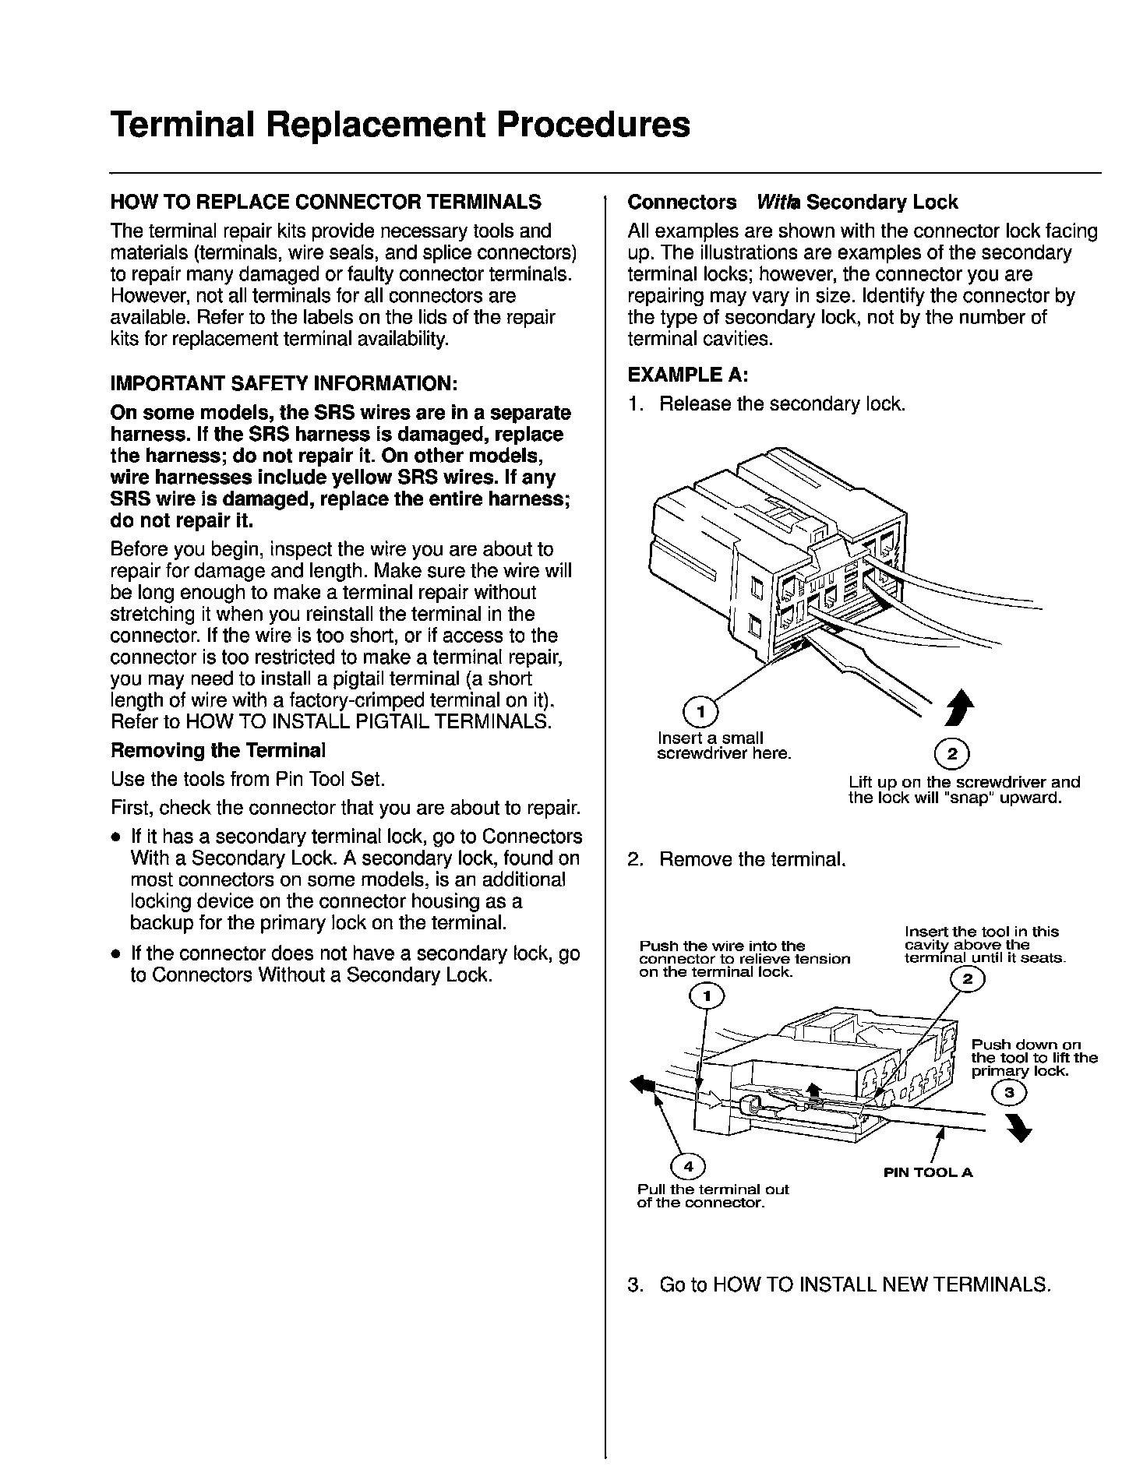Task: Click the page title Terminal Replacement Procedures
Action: coord(400,125)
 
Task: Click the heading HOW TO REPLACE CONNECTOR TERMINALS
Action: coord(326,203)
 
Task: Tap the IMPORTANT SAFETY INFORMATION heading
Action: coord(284,384)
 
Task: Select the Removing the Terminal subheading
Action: coord(218,751)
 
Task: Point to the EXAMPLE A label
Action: coord(688,375)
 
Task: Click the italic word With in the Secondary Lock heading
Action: coord(771,203)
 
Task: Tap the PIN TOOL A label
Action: coord(928,1172)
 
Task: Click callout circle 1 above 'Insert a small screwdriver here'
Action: coord(700,711)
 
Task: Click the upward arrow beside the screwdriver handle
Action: coord(963,707)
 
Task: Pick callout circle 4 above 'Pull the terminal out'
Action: coord(688,1166)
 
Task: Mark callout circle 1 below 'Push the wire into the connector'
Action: coord(707,995)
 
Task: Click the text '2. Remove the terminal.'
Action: coord(736,860)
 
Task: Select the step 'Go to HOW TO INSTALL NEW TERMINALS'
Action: coord(839,1284)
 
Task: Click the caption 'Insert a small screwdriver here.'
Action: coord(724,745)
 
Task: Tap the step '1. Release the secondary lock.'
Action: coord(767,404)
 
